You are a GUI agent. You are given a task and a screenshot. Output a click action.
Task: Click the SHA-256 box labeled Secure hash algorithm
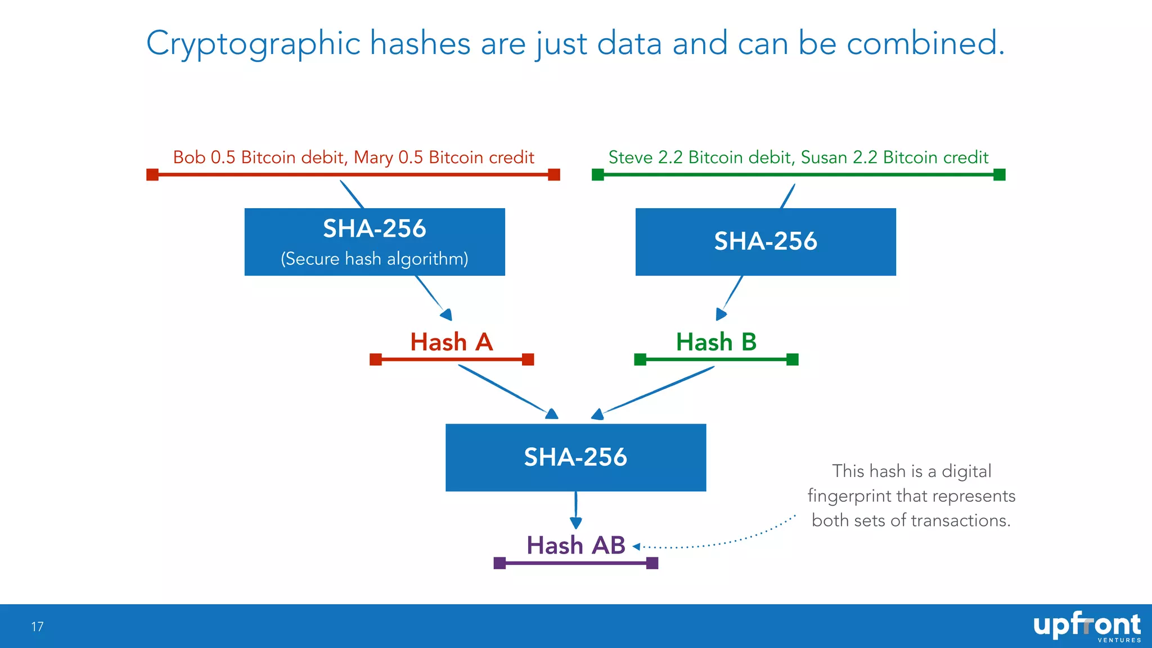375,242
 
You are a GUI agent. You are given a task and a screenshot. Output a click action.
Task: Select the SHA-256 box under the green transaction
766,242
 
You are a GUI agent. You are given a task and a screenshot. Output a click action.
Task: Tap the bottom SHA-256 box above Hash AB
575,457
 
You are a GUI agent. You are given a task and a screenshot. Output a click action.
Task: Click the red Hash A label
451,342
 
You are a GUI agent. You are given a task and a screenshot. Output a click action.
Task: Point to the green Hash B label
716,342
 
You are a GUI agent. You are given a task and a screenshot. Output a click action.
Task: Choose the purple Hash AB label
575,545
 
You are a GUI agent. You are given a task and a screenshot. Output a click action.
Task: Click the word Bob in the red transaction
189,157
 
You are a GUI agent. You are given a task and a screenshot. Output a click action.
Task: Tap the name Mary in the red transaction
373,157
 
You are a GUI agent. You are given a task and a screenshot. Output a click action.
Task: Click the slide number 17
37,627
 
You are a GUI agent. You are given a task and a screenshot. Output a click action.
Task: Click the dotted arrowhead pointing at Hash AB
636,546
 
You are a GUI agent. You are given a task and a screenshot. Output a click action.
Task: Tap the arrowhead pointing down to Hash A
447,314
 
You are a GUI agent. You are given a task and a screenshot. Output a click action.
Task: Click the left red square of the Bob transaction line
152,175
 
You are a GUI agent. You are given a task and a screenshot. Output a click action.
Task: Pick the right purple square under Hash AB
652,563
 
